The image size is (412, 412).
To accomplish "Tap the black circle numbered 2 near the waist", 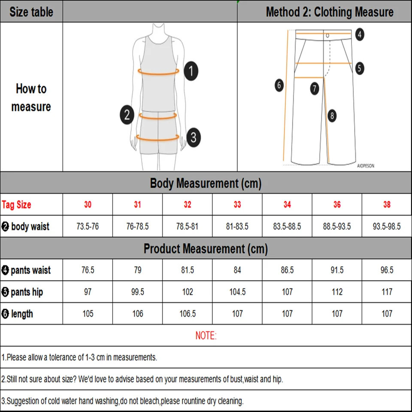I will [127, 115].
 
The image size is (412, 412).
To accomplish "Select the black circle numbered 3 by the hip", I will [194, 137].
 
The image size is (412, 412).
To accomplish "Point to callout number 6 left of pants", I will [279, 85].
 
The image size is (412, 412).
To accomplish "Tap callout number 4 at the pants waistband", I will [360, 34].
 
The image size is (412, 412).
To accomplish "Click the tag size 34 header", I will [287, 205].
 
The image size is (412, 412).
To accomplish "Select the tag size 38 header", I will [387, 205].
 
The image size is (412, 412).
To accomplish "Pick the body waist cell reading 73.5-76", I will [88, 226].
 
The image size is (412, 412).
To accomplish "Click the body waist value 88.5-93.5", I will [337, 226].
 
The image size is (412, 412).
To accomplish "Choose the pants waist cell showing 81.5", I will [188, 270].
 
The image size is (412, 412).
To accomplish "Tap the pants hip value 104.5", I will [237, 292].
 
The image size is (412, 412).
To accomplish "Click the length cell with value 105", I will [88, 314].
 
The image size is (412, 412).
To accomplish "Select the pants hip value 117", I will [387, 292].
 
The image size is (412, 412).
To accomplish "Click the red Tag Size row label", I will [17, 205].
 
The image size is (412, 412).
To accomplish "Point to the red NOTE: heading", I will [206, 336].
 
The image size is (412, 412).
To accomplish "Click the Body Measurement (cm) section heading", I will [206, 184].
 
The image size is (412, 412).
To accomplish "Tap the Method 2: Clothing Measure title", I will [329, 12].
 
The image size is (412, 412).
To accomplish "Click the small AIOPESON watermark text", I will [365, 166].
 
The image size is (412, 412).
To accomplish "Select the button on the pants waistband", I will [327, 35].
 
